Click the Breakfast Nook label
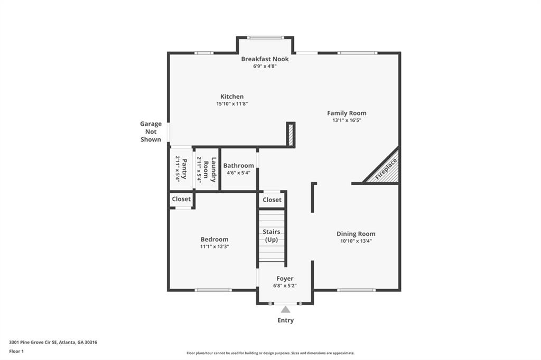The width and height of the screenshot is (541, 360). pos(265,59)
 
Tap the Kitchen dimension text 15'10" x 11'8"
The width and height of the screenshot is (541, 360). pos(232,104)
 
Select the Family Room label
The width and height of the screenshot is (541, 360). pos(346,113)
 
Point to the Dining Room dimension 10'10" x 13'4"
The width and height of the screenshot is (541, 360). pos(356,241)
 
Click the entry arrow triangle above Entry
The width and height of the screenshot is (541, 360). pos(285,309)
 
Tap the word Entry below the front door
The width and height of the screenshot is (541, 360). pos(285,320)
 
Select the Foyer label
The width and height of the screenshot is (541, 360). pos(285,279)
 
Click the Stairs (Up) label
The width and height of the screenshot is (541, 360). pos(272,236)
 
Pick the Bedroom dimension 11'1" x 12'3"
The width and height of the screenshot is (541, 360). pos(214,247)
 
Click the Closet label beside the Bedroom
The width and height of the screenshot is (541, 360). pos(181,200)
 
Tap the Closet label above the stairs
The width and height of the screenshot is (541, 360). pos(272,200)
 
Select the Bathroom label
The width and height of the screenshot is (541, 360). pos(238,166)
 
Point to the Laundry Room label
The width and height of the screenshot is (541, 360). pos(207,169)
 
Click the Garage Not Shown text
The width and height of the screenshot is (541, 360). pos(151,131)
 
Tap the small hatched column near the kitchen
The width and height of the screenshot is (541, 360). pos(290,134)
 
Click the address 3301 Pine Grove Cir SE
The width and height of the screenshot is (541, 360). pos(34,342)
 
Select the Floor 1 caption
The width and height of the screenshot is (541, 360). pos(17,351)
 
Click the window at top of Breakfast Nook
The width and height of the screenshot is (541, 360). pos(265,37)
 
